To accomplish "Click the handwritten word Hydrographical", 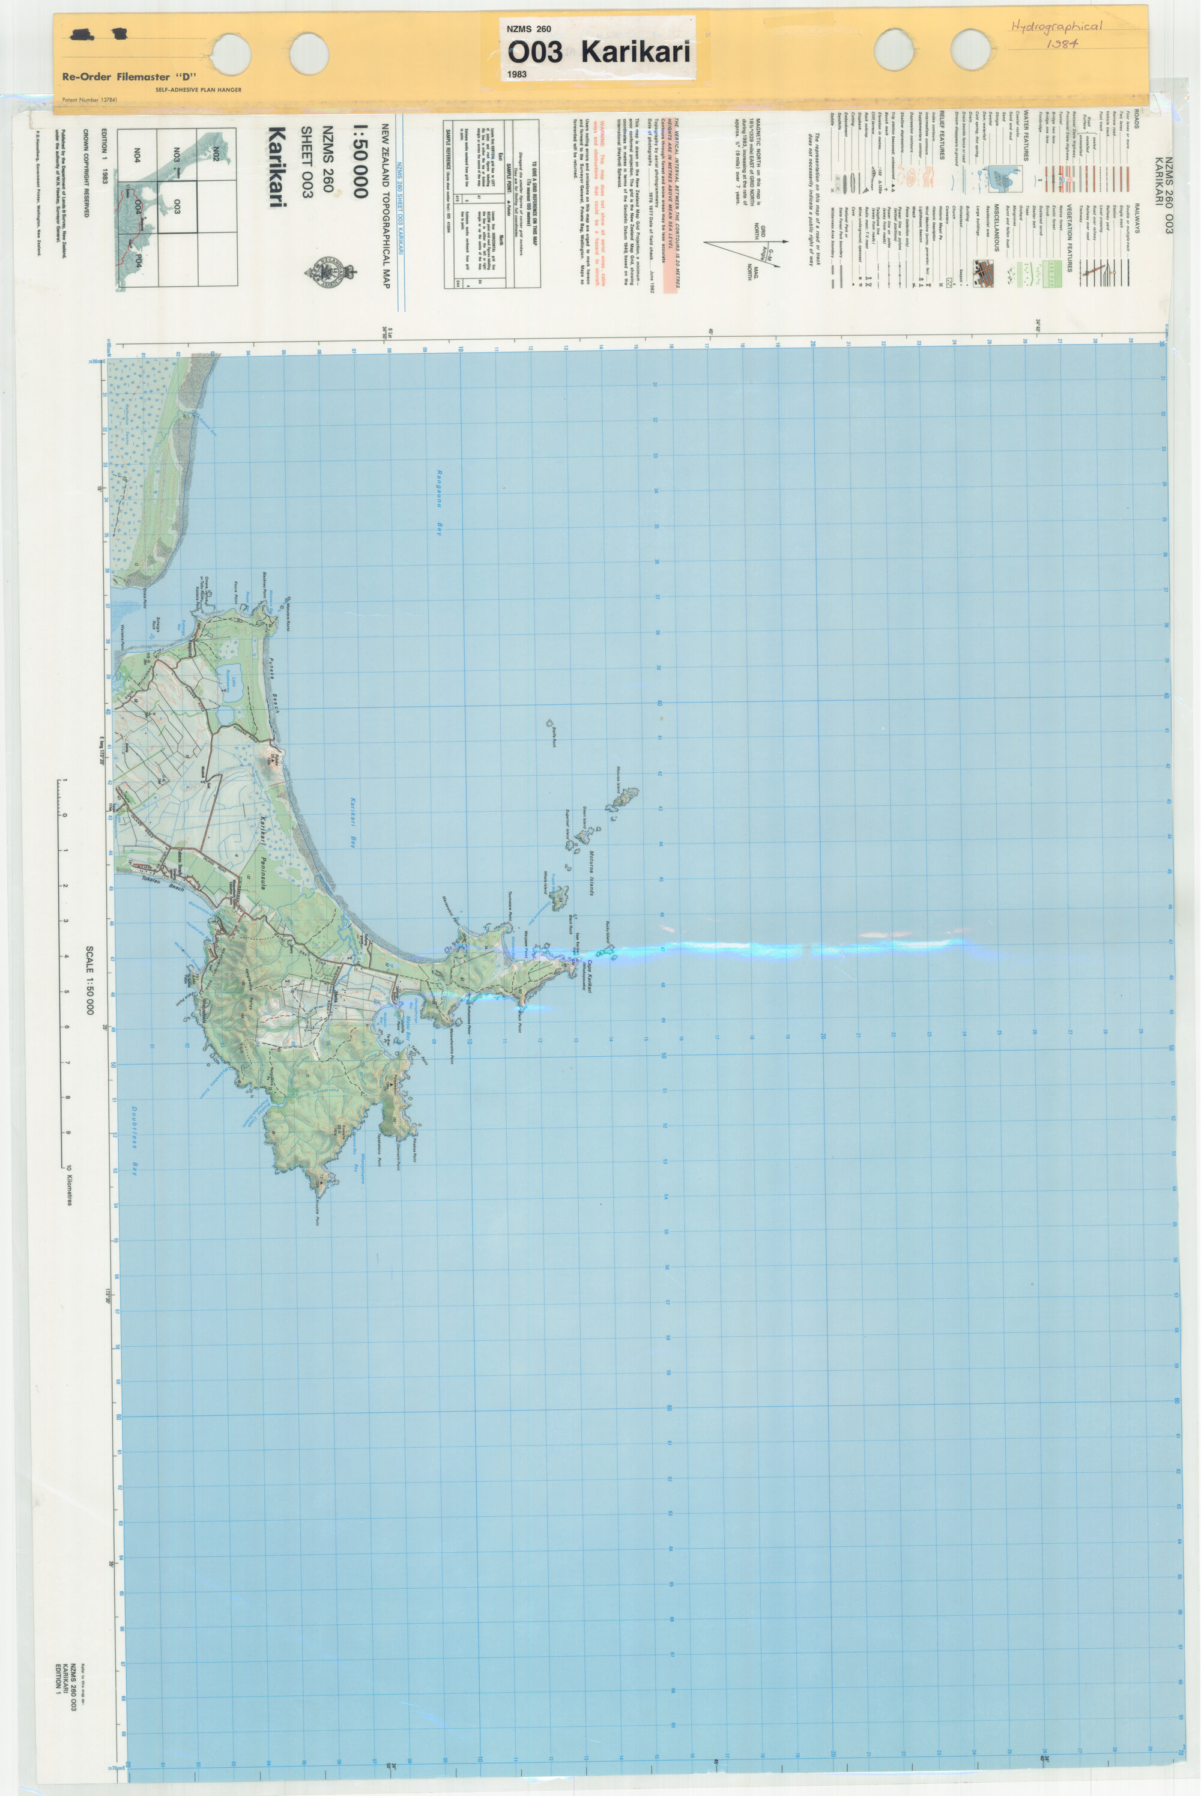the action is click(1056, 27).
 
